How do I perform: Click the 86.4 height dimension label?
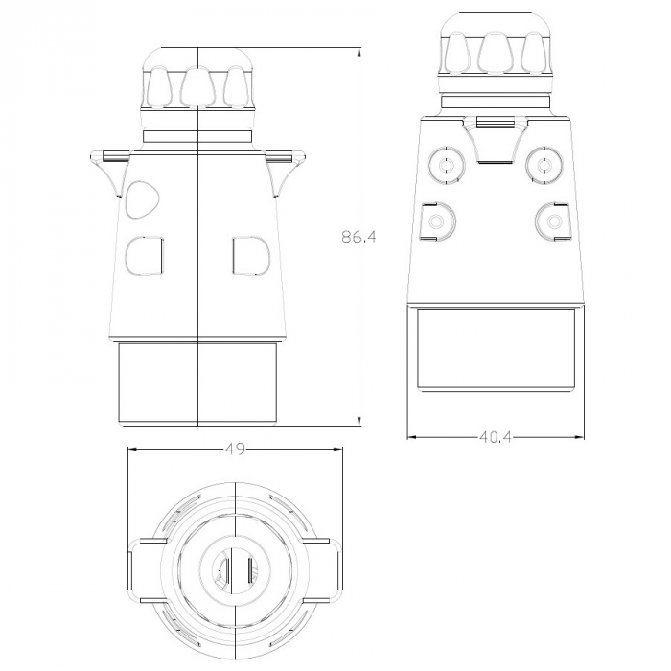(x=359, y=236)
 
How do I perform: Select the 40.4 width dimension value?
(x=495, y=437)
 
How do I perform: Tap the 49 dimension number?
(x=236, y=449)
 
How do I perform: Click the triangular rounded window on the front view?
(x=142, y=199)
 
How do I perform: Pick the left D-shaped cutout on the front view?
(x=145, y=256)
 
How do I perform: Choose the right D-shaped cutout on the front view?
(x=251, y=255)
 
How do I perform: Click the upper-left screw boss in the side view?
(x=447, y=165)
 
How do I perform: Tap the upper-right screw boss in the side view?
(x=544, y=165)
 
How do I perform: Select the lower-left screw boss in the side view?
(x=438, y=221)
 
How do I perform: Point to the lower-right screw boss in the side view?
(x=554, y=221)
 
